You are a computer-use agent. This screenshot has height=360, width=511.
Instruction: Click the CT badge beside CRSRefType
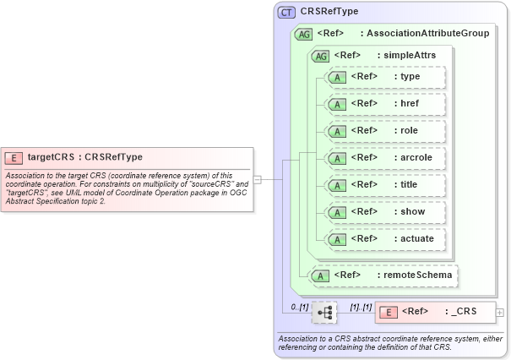point(286,12)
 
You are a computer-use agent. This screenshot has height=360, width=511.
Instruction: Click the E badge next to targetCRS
point(14,157)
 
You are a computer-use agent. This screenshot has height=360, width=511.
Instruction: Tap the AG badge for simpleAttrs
point(321,56)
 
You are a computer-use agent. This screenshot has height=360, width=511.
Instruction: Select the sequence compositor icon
point(324,312)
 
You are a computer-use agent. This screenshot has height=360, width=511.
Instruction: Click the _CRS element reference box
point(436,312)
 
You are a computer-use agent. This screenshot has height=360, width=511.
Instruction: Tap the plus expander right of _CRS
point(500,312)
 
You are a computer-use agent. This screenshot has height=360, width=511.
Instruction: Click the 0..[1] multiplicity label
point(299,306)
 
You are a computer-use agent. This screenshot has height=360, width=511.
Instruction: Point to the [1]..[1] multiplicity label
point(361,306)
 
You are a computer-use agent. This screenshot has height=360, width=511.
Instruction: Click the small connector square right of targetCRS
point(257,179)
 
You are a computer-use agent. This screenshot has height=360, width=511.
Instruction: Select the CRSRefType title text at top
point(329,12)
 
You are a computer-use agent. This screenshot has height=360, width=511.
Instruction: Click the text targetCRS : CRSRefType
point(84,157)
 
